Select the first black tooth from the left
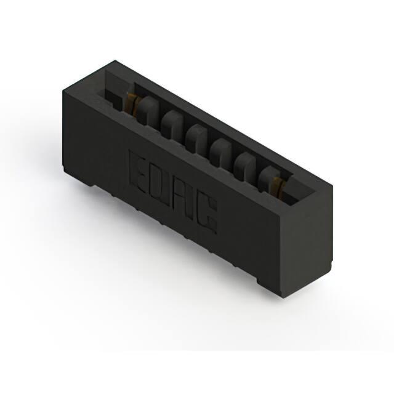(148, 110)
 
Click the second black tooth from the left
(173, 124)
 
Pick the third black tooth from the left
(197, 137)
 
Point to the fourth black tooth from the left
(222, 151)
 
